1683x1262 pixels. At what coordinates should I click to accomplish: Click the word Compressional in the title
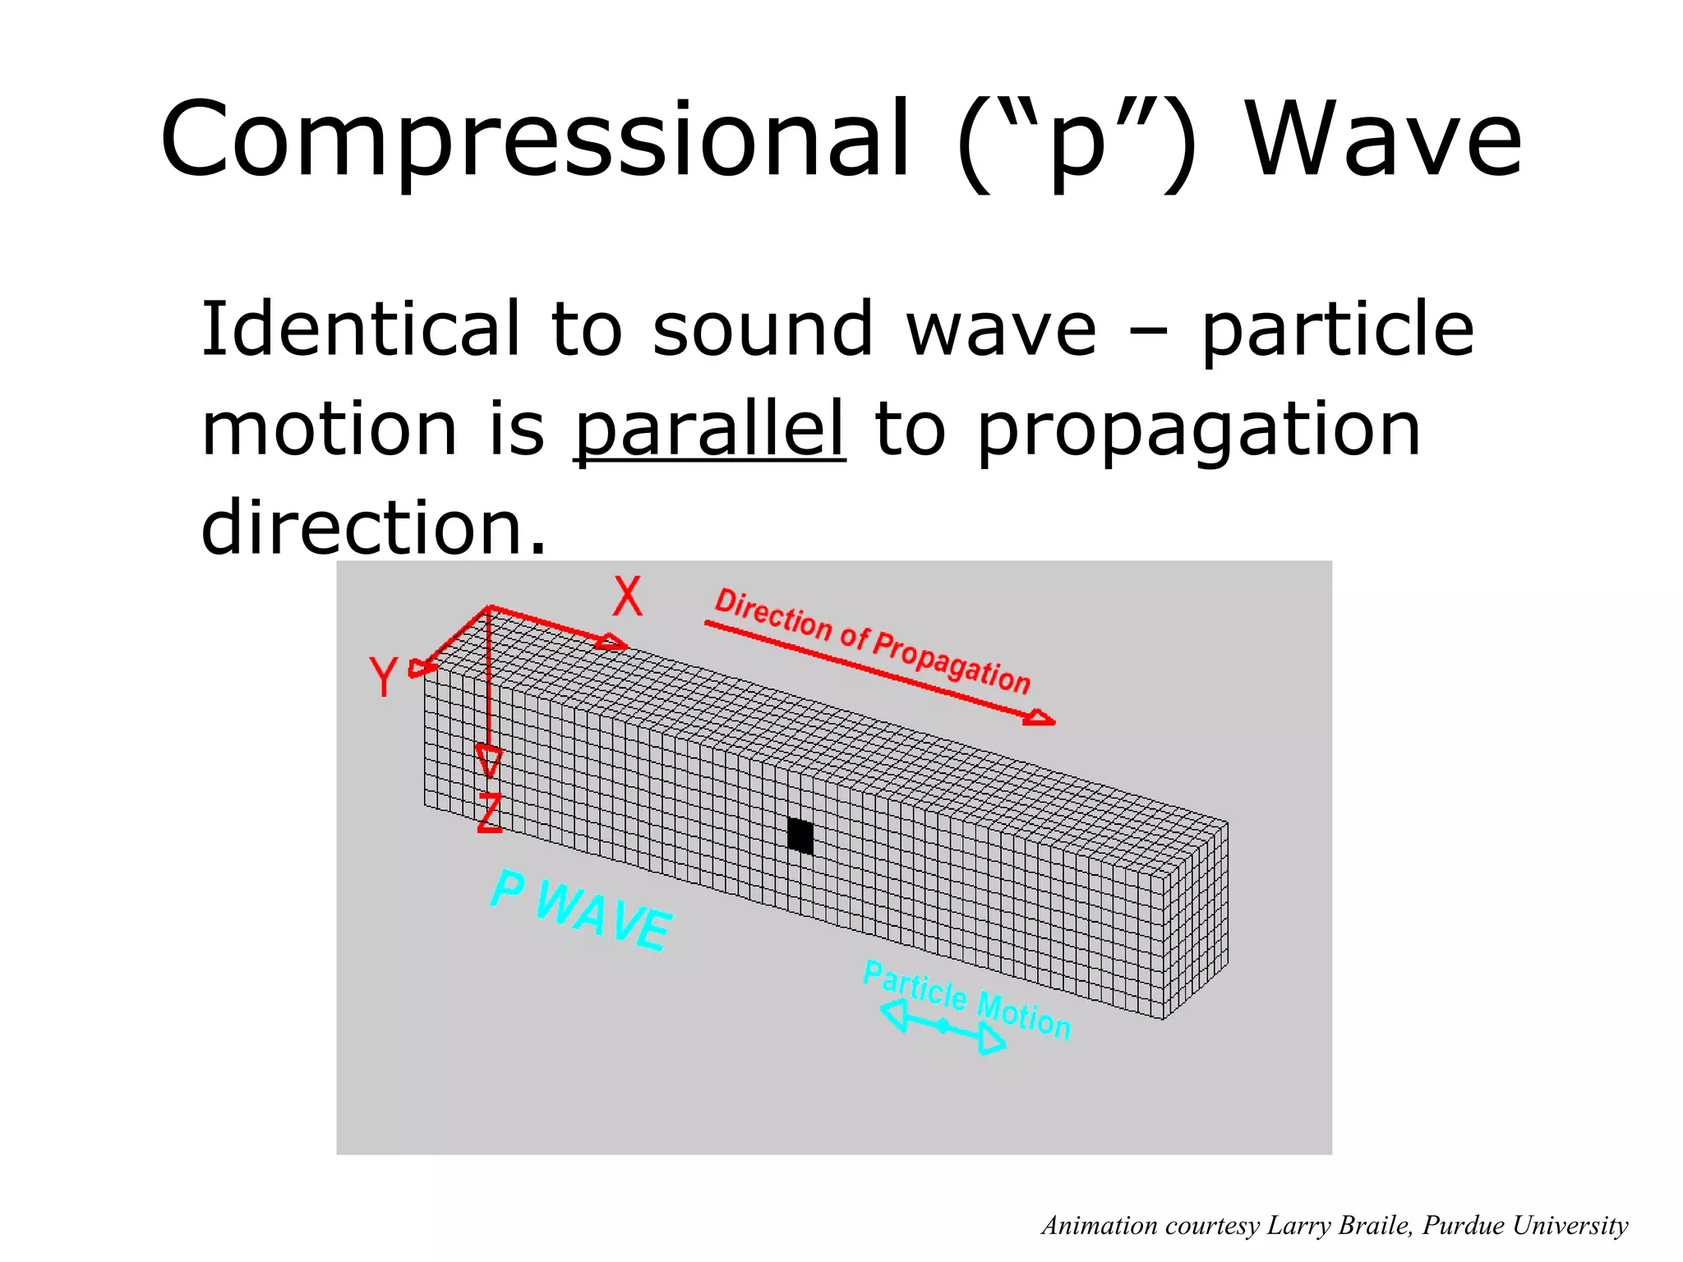[x=534, y=140]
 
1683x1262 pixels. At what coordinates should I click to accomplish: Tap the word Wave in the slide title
[x=1384, y=140]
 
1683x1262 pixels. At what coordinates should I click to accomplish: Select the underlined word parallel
[x=709, y=431]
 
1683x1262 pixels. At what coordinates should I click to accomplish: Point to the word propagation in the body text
[x=1198, y=431]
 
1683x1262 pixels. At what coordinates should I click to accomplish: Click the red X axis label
[x=627, y=596]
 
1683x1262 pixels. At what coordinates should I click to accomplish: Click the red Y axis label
[x=384, y=677]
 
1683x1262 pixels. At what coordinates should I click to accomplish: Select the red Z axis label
[x=490, y=813]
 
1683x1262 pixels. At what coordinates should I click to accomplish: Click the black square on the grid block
[x=800, y=836]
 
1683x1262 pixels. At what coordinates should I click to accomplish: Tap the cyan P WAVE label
[x=580, y=910]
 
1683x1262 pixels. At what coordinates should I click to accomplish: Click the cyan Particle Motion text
[x=967, y=998]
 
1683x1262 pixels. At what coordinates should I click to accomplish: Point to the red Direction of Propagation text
[x=872, y=641]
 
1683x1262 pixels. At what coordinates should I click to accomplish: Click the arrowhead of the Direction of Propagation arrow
[x=1040, y=718]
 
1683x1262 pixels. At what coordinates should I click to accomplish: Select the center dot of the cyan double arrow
[x=943, y=1025]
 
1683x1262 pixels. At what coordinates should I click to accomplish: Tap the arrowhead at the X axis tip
[x=611, y=642]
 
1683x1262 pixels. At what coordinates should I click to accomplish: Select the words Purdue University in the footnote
[x=1525, y=1225]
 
